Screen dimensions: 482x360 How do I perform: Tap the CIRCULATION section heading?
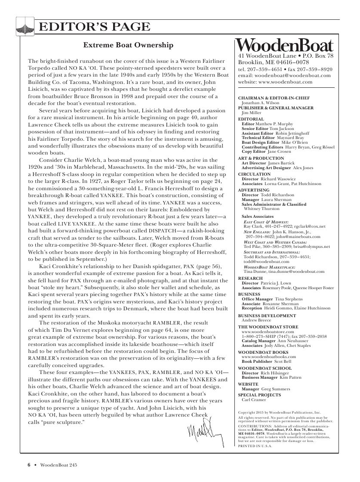tap(254, 174)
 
